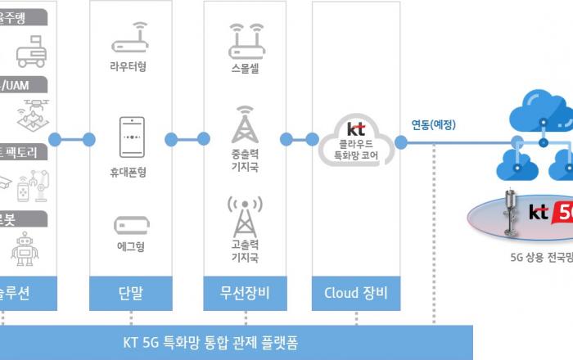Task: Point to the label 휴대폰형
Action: click(132, 173)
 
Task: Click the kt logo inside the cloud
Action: click(356, 128)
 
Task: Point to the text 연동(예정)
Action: click(434, 125)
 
